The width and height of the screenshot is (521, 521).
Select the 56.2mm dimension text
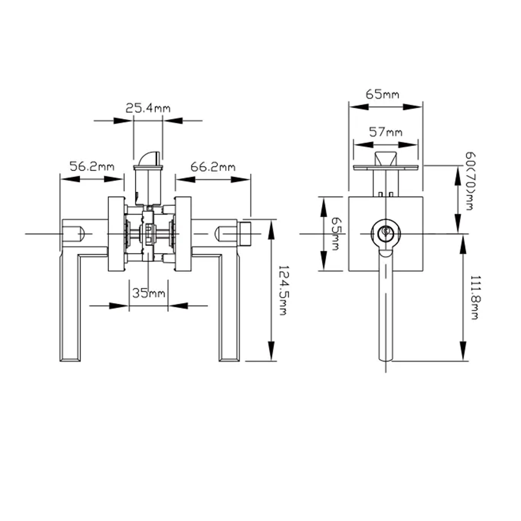(x=92, y=167)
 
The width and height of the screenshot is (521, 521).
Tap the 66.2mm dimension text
(x=213, y=167)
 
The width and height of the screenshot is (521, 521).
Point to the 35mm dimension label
(x=148, y=293)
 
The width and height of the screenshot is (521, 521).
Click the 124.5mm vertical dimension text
(x=282, y=290)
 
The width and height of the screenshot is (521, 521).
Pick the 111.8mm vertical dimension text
(x=474, y=297)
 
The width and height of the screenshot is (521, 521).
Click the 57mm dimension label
(x=386, y=132)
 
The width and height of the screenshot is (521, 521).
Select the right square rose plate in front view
(x=182, y=234)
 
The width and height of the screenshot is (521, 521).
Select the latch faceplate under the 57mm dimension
(x=386, y=167)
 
